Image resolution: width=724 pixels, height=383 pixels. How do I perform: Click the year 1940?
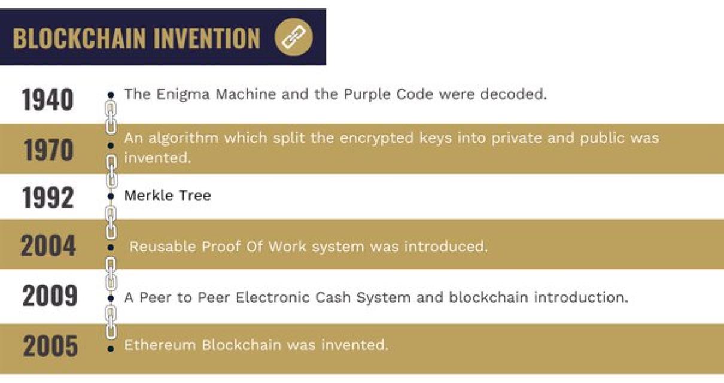point(48,99)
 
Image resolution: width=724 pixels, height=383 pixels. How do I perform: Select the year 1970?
point(49,150)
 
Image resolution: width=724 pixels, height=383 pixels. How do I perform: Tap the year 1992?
point(48,197)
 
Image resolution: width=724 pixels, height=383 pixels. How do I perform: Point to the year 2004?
point(48,246)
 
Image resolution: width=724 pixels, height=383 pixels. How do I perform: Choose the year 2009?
point(50,296)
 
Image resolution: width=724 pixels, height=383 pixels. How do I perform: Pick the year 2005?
point(50,346)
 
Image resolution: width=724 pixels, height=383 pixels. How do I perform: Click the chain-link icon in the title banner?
point(293,38)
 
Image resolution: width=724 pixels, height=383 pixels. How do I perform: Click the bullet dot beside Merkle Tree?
point(111,196)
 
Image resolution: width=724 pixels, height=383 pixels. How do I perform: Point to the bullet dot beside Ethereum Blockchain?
point(111,348)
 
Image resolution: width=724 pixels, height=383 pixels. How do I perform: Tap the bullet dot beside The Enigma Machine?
point(111,95)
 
